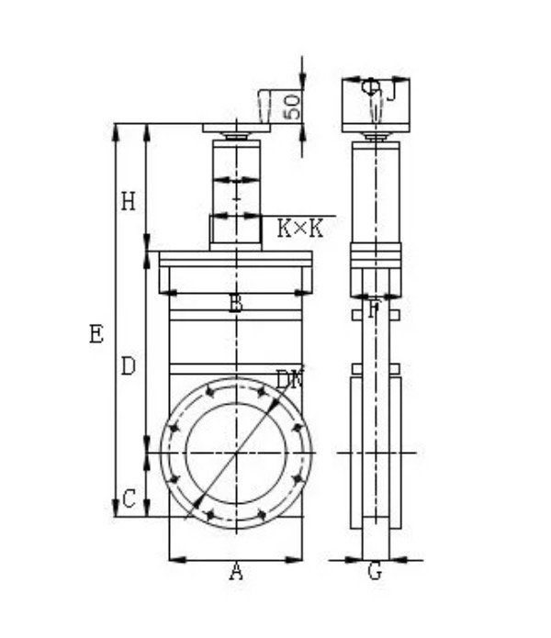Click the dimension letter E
tap(96, 335)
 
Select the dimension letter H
tap(129, 201)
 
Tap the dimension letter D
tap(129, 366)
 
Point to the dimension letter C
tap(129, 499)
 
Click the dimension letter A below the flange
tap(236, 573)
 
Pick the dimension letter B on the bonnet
tap(236, 304)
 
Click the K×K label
tap(300, 229)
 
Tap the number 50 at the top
tap(292, 106)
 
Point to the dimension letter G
tap(374, 572)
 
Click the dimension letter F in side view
tap(373, 310)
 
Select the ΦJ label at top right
tap(377, 89)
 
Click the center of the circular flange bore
tap(236, 452)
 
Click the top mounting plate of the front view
tap(236, 129)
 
